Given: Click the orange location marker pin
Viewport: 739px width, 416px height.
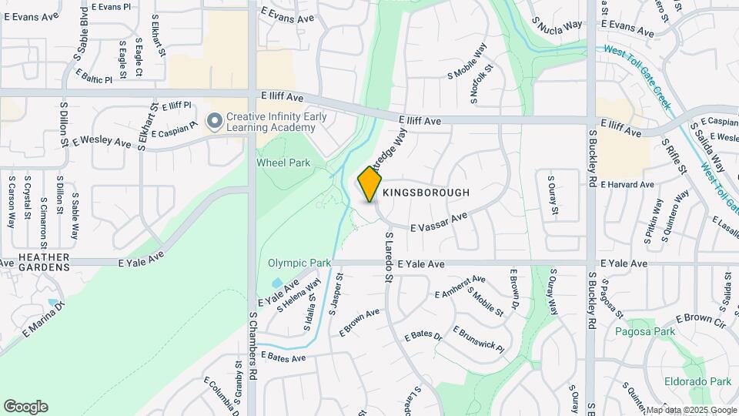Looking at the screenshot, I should (x=370, y=184).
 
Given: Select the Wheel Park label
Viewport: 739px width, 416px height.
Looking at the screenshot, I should (x=283, y=163).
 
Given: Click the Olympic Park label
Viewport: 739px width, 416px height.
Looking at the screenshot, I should (x=299, y=263).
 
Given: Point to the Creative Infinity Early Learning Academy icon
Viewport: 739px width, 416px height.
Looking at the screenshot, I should (x=215, y=121).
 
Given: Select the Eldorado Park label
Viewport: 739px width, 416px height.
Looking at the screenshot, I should (x=699, y=381).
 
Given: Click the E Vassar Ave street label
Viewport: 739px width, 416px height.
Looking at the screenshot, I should (x=439, y=223).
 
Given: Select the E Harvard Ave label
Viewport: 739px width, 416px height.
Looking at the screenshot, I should (x=627, y=185).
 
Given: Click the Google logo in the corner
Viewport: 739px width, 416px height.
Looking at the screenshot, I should (x=25, y=407).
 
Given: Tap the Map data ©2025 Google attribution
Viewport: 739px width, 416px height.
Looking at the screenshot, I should (x=691, y=410).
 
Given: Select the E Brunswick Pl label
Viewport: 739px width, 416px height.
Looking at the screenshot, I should (x=477, y=339).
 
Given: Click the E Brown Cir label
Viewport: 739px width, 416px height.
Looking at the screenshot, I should (x=701, y=320).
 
